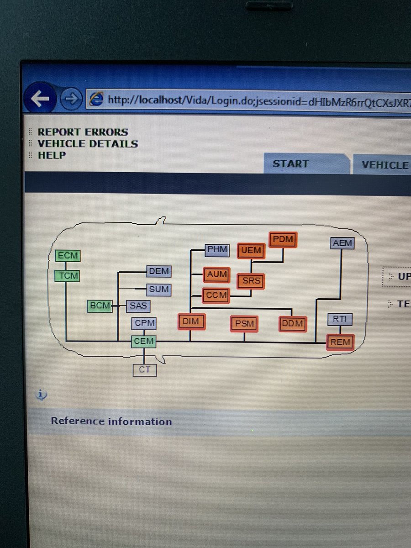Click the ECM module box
[68, 256]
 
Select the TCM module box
[68, 276]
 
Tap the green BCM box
[100, 306]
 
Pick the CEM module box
[144, 341]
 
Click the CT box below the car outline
[144, 370]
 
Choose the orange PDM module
[283, 239]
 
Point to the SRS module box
[251, 281]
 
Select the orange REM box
[340, 342]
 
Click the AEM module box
[342, 243]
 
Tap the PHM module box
[217, 249]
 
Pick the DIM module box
[191, 321]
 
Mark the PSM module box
[244, 324]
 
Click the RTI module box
[340, 319]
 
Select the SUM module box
[158, 290]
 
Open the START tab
[290, 164]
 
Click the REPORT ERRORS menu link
[83, 132]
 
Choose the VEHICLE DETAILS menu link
[88, 143]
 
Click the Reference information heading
[111, 421]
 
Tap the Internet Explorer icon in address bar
[96, 99]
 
